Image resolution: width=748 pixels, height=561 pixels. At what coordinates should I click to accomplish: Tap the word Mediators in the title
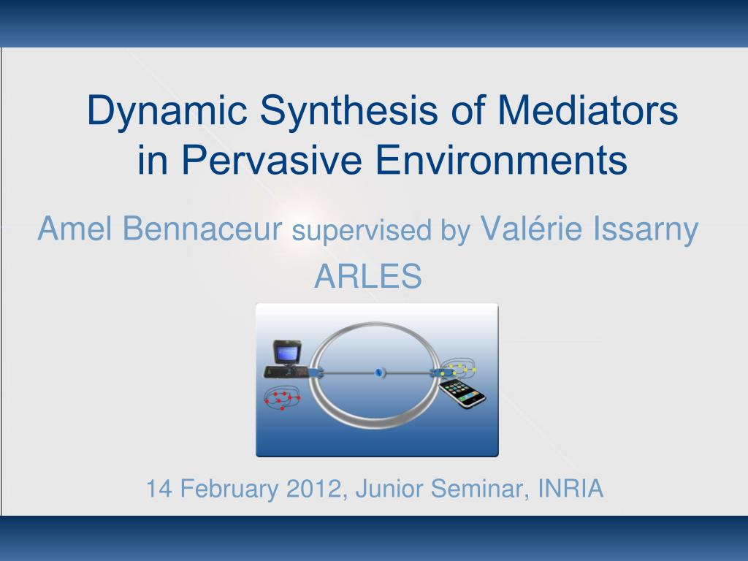coord(588,110)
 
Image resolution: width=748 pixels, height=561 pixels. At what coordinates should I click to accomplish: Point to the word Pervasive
coord(272,159)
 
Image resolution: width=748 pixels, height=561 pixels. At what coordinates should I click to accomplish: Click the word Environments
coord(501,159)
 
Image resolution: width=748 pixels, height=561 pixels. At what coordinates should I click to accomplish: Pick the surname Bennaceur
coord(202,228)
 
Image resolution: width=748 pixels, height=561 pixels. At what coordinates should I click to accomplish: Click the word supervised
coord(362,232)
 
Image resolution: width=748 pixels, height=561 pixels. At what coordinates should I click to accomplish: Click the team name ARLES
coord(368,275)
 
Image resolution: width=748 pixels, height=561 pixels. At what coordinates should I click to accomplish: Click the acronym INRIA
coord(570,489)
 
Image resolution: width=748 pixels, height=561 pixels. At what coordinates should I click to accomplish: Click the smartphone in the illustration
coord(462,393)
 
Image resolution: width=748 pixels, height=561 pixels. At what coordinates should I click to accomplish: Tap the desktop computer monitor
coord(286,353)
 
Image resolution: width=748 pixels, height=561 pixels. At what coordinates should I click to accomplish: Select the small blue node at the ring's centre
coord(380,372)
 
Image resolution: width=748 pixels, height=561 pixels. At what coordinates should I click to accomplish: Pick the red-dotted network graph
coord(281,400)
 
